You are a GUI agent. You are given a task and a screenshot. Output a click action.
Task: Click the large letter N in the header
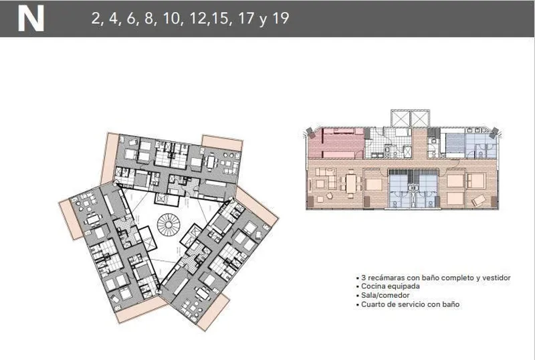pyautogui.click(x=31, y=19)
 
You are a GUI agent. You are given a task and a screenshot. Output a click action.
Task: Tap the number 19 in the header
pyautogui.click(x=280, y=18)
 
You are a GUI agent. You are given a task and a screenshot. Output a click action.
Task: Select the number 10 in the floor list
pyautogui.click(x=171, y=19)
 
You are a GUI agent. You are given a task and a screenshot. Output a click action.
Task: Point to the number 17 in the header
pyautogui.click(x=245, y=19)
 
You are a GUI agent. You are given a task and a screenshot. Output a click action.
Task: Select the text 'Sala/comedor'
pyautogui.click(x=385, y=296)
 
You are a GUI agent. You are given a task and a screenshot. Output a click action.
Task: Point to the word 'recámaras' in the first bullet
pyautogui.click(x=385, y=278)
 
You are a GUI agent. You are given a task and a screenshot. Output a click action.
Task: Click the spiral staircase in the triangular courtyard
pyautogui.click(x=169, y=225)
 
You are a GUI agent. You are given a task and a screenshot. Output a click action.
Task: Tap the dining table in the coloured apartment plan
pyautogui.click(x=350, y=183)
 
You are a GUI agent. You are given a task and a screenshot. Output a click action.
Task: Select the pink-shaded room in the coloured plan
pyautogui.click(x=336, y=143)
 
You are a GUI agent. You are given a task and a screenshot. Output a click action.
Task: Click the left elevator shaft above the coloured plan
pyautogui.click(x=401, y=119)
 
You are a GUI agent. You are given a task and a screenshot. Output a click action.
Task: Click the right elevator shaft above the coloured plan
pyautogui.click(x=420, y=119)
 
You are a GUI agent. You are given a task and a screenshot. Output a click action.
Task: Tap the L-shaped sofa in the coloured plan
pyautogui.click(x=326, y=177)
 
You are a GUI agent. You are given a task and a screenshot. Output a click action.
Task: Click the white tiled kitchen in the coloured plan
pyautogui.click(x=389, y=143)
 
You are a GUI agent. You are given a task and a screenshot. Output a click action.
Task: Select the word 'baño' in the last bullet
pyautogui.click(x=451, y=304)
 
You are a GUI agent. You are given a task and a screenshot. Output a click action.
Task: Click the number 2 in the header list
pyautogui.click(x=96, y=19)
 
